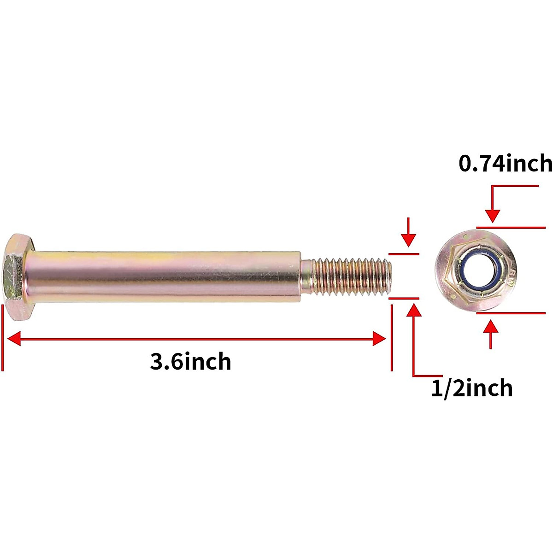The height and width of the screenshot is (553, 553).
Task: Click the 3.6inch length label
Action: pos(190,362)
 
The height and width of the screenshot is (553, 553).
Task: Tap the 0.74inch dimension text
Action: pos(506,164)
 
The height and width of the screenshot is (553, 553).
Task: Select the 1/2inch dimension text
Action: pos(471,388)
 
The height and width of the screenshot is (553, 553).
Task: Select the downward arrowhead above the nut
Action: pos(493,215)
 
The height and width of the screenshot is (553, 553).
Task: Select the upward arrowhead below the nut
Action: pos(491,326)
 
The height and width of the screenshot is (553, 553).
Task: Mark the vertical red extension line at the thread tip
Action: pos(391,339)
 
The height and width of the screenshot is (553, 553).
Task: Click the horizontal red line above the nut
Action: pos(511,227)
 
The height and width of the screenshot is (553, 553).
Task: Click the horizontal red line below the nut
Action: pos(511,313)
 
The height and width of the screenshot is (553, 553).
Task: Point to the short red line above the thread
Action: pos(404,254)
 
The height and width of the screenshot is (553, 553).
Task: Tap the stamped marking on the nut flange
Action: pos(513,277)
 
